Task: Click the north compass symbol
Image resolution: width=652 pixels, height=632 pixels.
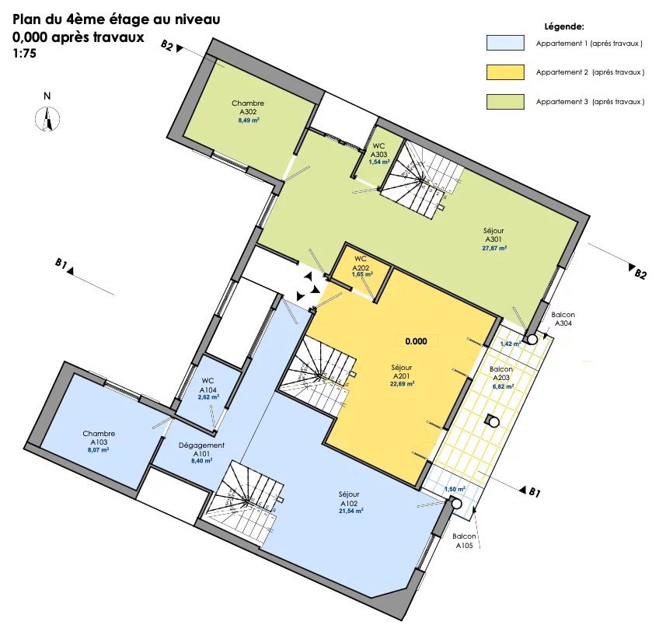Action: pos(47,119)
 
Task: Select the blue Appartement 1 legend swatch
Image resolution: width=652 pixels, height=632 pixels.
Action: pos(505,43)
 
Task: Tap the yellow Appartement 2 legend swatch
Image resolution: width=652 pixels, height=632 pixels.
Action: pos(505,72)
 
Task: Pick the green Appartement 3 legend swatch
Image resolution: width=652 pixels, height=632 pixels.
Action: pos(505,102)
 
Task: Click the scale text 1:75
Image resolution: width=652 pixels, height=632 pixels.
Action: pos(25,54)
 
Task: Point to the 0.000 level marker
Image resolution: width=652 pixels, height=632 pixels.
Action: pos(417,341)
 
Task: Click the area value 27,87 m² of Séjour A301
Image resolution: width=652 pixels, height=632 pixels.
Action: pos(494,248)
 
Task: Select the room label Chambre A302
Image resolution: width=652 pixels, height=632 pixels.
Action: pos(248,107)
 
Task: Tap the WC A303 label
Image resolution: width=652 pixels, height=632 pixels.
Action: pos(378,150)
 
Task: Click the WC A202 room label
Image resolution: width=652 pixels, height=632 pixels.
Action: pos(361,264)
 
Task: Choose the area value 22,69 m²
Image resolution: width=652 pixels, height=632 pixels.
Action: pos(402,384)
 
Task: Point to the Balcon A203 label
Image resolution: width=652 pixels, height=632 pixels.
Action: pos(501,373)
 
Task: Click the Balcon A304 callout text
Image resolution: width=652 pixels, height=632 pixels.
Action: pos(563,319)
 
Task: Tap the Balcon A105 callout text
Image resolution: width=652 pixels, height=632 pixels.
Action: pos(465,541)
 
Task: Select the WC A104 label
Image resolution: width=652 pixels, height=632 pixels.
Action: pos(208,386)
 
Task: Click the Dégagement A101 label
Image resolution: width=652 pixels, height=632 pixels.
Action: pos(202,449)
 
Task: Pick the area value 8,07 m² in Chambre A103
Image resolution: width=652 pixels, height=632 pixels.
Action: pos(99,450)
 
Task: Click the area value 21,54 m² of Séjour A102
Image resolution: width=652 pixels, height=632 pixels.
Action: pos(351,511)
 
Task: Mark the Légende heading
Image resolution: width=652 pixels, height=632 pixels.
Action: pos(564,26)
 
